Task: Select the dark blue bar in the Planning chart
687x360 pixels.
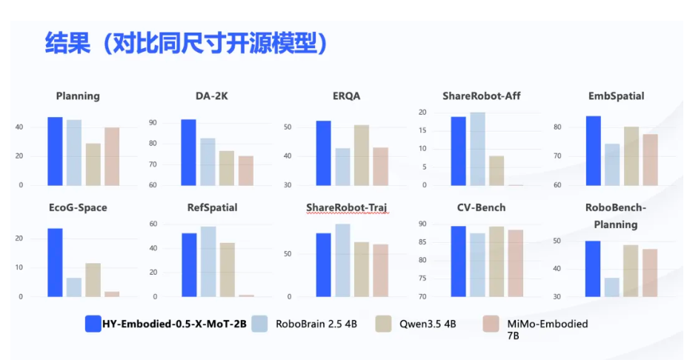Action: tap(55, 151)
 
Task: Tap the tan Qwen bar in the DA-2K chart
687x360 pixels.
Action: tap(227, 168)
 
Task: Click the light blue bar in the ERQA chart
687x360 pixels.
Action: tap(342, 167)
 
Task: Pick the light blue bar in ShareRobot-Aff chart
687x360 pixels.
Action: tap(477, 149)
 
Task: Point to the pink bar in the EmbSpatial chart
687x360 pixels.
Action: tap(650, 159)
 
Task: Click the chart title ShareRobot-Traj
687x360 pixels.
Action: tap(347, 207)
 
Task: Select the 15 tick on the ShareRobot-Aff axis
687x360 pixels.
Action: tap(423, 130)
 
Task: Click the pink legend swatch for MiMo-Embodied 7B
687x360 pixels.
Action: tap(491, 323)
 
